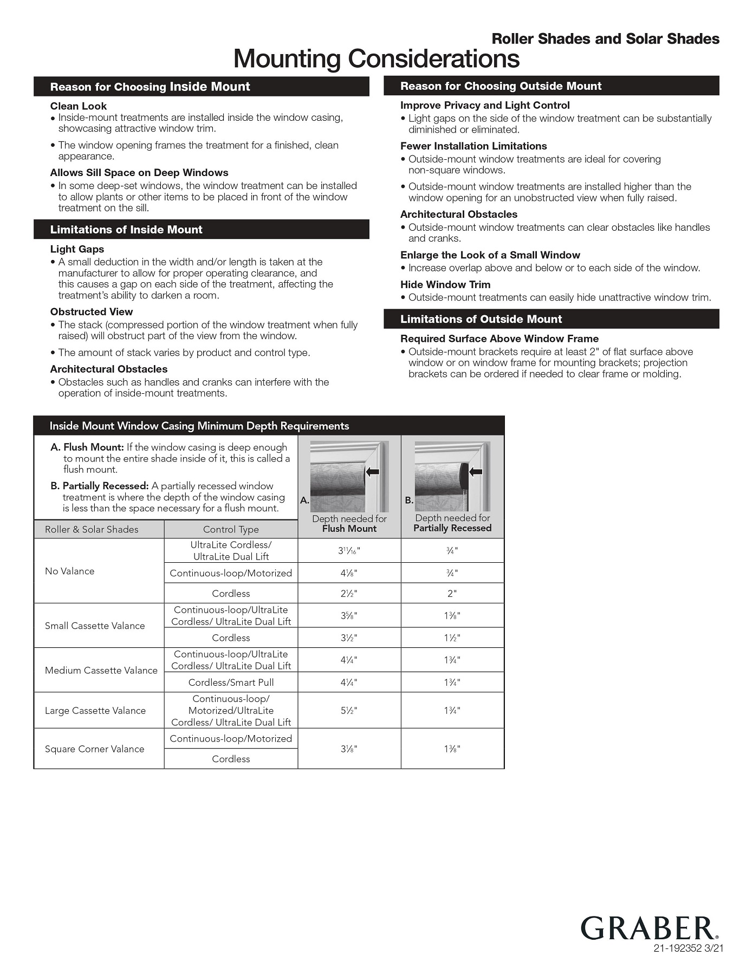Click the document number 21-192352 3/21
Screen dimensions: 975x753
coord(688,948)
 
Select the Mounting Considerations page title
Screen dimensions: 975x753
coord(377,58)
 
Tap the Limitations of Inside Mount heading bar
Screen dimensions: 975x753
coord(201,230)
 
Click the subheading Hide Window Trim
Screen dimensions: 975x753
coord(445,284)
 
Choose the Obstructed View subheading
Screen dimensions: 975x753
coord(92,311)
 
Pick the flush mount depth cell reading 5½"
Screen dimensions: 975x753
coord(349,710)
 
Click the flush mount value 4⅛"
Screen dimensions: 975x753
coord(349,573)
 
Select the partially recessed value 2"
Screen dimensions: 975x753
coord(452,593)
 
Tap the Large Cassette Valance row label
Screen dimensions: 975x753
coord(95,710)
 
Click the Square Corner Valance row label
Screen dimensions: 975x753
coord(95,749)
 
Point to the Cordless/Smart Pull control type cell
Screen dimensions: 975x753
coord(231,682)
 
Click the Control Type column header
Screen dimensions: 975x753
coord(231,529)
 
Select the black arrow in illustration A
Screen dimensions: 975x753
coord(372,472)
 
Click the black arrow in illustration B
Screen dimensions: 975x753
coord(475,472)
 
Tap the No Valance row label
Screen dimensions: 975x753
coord(70,571)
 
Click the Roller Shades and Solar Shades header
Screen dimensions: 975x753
coord(605,39)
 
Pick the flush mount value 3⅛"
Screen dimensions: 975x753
coord(349,749)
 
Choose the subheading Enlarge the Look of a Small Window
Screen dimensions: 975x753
coord(490,255)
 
